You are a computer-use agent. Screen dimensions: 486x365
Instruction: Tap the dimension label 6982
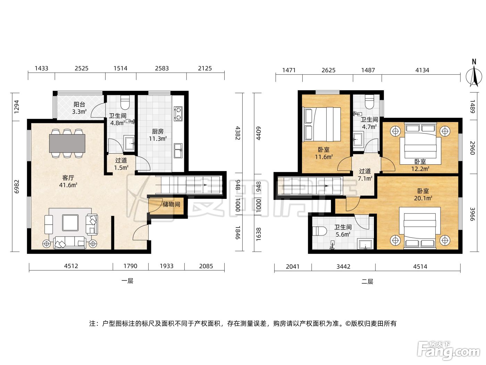17,187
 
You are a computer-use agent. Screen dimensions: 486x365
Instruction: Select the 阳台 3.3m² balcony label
79,108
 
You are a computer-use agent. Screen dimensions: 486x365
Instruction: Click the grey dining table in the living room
67,143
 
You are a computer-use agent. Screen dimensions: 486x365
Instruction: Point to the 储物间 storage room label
171,204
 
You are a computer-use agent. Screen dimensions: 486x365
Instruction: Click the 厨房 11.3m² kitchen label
158,135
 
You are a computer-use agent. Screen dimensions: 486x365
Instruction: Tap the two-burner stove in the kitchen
178,114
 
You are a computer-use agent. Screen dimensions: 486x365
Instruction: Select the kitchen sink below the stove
178,151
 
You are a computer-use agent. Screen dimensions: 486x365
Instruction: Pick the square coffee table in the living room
70,223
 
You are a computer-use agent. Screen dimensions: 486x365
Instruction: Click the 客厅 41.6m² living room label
68,181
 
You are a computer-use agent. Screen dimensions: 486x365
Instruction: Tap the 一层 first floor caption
127,281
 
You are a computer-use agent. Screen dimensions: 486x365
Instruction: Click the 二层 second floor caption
367,282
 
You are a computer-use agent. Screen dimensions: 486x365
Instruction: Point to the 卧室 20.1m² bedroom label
423,194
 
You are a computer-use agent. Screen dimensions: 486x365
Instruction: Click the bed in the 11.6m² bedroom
322,124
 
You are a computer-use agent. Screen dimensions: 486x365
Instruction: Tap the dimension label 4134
422,70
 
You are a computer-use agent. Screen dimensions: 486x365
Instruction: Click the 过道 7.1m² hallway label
365,175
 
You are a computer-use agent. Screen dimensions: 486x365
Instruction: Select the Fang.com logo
449,351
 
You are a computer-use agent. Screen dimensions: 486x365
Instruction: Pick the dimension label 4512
71,266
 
